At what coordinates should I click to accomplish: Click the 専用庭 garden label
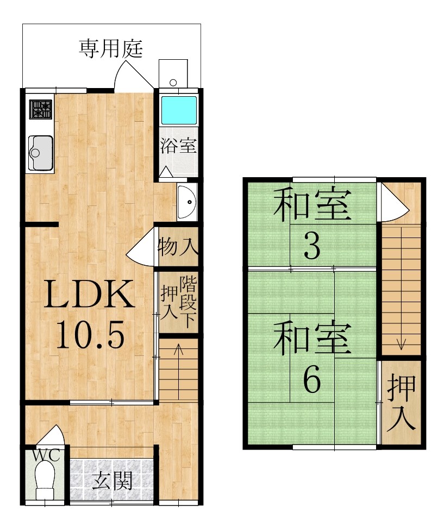(111, 49)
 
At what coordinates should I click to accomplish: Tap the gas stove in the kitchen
(41, 109)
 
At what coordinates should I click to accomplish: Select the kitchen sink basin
(41, 153)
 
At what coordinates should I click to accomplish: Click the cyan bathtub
(178, 110)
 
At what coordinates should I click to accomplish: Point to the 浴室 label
(178, 146)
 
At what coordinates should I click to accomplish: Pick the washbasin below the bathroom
(186, 202)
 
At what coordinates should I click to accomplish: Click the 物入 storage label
(178, 246)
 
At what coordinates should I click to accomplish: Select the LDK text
(89, 294)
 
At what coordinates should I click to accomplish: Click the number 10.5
(90, 335)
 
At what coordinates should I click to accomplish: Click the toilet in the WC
(46, 480)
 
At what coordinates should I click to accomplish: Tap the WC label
(46, 455)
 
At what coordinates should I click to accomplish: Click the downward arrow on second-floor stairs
(401, 289)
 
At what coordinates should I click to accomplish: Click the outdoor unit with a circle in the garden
(173, 73)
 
